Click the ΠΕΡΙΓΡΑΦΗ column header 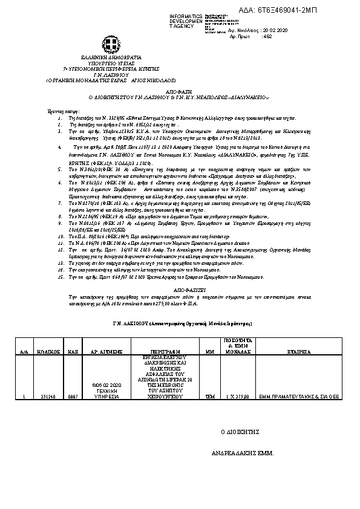[x=160, y=351]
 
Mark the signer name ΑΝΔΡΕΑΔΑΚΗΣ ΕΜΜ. [x=247, y=452]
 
